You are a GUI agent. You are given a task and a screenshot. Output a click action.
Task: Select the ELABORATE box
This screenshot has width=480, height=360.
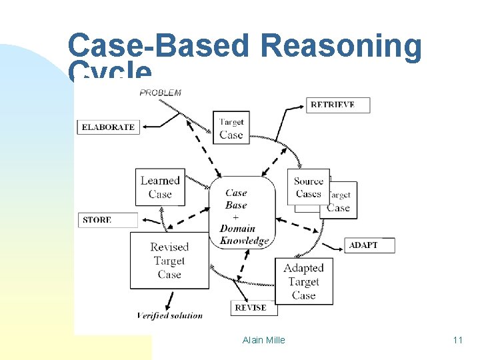coord(109,127)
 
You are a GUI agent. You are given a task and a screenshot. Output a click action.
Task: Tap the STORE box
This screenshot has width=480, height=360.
coord(108,220)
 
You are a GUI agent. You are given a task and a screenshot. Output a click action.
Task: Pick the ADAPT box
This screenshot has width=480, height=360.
coord(369,245)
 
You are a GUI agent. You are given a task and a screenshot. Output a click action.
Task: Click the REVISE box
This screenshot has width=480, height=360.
coord(250,307)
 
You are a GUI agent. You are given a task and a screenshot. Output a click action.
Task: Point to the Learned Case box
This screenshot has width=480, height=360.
coord(160,187)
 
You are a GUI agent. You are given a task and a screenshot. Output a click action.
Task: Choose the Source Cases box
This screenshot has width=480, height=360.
coord(309,187)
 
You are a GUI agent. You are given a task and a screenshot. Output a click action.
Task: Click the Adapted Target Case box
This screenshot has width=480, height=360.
coord(303,281)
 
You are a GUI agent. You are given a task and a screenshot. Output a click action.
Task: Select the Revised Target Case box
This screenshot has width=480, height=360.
coord(169,261)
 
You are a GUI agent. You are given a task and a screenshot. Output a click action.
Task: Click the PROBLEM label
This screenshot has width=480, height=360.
coord(160,93)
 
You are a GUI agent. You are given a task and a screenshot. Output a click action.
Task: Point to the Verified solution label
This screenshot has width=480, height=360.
coord(169,315)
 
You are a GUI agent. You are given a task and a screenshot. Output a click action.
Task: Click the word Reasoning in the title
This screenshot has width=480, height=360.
coord(341,47)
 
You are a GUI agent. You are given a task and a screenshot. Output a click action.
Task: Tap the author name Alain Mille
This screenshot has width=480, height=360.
coord(263,340)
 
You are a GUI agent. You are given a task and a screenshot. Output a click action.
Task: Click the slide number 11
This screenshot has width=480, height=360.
coord(457,340)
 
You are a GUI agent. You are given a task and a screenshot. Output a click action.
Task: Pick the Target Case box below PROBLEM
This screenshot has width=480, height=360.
coord(231,128)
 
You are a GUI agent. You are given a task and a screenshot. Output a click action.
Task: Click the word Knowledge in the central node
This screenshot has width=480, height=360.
coord(244,241)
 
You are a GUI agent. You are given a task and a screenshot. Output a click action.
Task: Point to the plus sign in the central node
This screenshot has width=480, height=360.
coord(236,217)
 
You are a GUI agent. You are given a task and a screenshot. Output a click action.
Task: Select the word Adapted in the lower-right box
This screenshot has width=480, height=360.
coord(303,268)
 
